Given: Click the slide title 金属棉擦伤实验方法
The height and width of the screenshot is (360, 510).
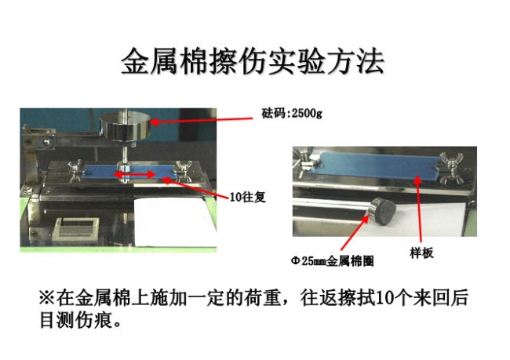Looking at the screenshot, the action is (253, 61).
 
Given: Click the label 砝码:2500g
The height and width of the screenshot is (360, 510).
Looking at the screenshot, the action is (292, 113).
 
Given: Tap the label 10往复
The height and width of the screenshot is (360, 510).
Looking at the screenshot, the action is (247, 197).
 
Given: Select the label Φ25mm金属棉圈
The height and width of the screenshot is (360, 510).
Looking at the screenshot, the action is (332, 261).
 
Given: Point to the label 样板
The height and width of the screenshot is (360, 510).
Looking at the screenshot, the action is (421, 253).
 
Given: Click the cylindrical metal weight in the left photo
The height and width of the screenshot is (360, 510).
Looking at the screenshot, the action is (125, 127).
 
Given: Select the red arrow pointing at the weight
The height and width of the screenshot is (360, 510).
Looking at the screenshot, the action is (202, 120).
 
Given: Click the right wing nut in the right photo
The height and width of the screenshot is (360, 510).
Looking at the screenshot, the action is (452, 166).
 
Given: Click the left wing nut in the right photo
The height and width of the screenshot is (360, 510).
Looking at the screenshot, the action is (306, 160).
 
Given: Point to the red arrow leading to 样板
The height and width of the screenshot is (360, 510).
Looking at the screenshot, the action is (418, 209).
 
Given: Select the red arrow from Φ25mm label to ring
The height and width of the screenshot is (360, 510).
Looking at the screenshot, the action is (355, 233).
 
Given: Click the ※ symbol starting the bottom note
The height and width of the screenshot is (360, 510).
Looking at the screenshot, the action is (47, 297).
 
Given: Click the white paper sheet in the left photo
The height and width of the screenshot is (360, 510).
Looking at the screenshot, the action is (175, 223).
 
